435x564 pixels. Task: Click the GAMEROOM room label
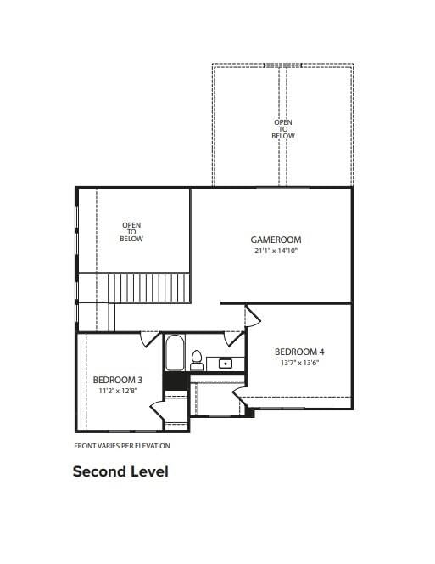pyautogui.click(x=276, y=240)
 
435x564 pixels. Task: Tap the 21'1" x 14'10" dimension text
pyautogui.click(x=276, y=251)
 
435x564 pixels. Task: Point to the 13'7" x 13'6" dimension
pyautogui.click(x=299, y=363)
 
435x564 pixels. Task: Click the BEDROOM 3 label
pyautogui.click(x=118, y=380)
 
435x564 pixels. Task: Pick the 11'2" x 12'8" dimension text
pyautogui.click(x=118, y=391)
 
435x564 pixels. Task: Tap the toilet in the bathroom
pyautogui.click(x=197, y=360)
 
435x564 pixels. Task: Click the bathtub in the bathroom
pyautogui.click(x=176, y=352)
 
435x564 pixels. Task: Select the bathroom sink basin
pyautogui.click(x=226, y=364)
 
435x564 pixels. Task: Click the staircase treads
pyautogui.click(x=148, y=288)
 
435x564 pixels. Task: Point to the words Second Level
pyautogui.click(x=120, y=471)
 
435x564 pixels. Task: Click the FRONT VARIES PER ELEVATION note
pyautogui.click(x=122, y=446)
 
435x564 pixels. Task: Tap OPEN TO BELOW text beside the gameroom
pyautogui.click(x=131, y=232)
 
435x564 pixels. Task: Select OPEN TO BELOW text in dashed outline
pyautogui.click(x=283, y=129)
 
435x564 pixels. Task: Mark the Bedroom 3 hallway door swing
pyautogui.click(x=148, y=340)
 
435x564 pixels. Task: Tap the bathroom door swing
pyautogui.click(x=233, y=339)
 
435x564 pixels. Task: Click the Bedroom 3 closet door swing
pyautogui.click(x=157, y=411)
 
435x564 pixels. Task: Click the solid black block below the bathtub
pyautogui.click(x=176, y=381)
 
